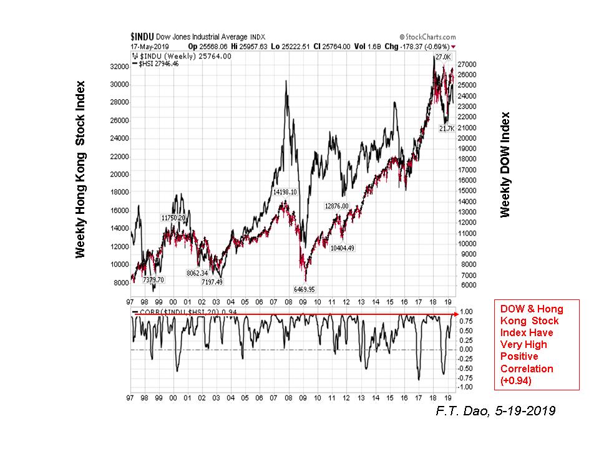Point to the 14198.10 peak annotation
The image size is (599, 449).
tap(288, 192)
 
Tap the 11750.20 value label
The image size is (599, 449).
tap(173, 218)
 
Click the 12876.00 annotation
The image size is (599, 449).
tap(339, 206)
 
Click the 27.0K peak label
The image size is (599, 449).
tap(442, 57)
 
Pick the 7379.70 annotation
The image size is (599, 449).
tap(153, 280)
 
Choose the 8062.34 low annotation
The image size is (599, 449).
tap(198, 273)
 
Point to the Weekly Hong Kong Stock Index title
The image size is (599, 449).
tap(80, 170)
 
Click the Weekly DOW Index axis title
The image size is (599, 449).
tap(505, 165)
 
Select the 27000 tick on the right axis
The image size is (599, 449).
tap(467, 64)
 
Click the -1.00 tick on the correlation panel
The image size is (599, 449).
tap(466, 387)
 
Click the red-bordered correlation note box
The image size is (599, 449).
tap(536, 344)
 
